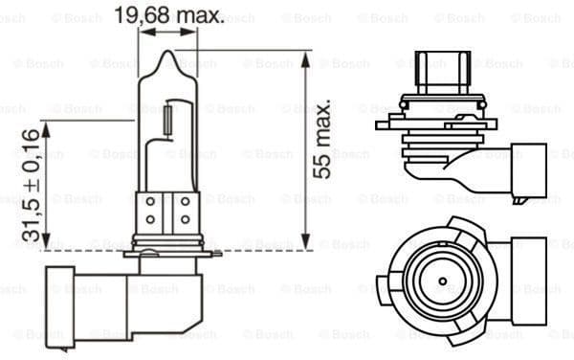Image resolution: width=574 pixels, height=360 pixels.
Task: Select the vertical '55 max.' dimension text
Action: tap(322, 137)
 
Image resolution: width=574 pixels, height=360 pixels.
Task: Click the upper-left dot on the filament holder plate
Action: tap(150, 202)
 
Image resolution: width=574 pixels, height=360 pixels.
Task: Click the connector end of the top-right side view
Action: tap(527, 170)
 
